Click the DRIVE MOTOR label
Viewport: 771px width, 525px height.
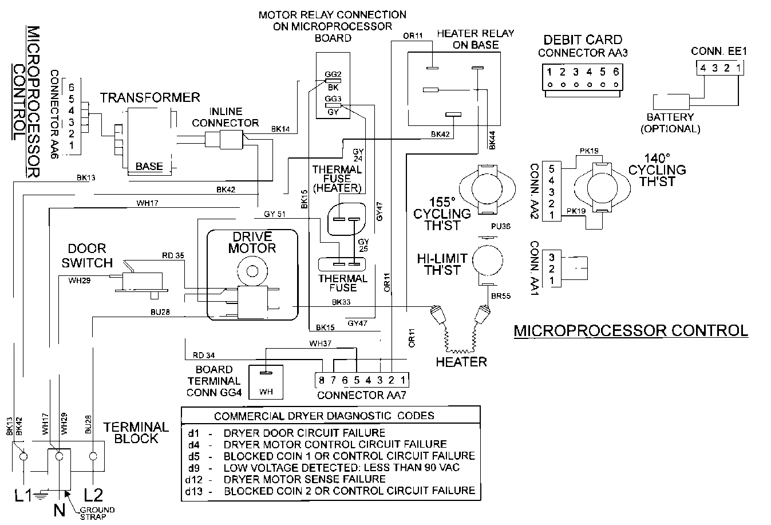point(252,242)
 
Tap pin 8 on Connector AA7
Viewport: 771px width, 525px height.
point(322,380)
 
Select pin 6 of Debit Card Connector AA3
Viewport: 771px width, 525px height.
point(616,72)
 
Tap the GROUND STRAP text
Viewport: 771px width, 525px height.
point(96,513)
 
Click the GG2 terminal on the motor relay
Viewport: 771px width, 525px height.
point(333,74)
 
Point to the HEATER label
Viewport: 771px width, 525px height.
point(461,362)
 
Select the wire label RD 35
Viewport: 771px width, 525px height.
point(172,256)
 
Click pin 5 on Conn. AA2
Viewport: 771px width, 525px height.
point(551,169)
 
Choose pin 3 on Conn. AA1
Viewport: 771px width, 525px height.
point(551,257)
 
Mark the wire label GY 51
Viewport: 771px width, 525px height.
point(275,214)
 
